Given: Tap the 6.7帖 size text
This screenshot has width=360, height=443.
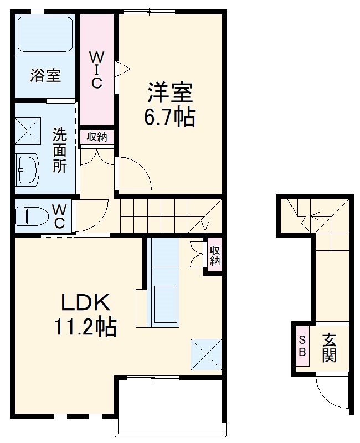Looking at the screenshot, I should click(169, 117).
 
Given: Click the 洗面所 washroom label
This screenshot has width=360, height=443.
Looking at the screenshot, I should click(59, 150).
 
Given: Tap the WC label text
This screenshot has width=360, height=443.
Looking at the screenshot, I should click(60, 216).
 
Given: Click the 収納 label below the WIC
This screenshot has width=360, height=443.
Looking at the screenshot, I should click(97, 137).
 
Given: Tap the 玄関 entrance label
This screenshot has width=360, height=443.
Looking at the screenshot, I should click(330, 348).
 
